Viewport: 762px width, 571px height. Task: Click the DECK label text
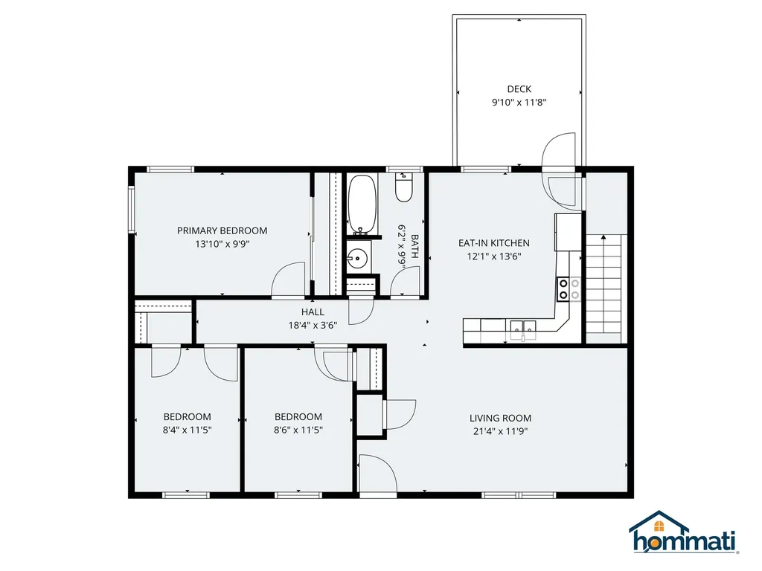[519, 89]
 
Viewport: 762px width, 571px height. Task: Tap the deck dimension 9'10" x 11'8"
[519, 103]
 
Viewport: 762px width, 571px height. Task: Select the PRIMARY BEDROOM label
[222, 230]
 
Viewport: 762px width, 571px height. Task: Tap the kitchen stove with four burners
[569, 288]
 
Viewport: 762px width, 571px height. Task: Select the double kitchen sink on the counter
[523, 326]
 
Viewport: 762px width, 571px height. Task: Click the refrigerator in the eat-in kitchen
[567, 231]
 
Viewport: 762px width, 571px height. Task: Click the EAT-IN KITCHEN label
[493, 243]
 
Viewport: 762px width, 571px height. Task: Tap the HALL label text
[313, 312]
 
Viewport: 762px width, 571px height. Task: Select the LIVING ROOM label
[500, 418]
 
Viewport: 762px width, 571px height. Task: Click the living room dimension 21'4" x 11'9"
[500, 430]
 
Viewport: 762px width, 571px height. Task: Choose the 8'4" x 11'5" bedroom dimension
[188, 430]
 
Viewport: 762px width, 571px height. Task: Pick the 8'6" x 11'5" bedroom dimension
[298, 430]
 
